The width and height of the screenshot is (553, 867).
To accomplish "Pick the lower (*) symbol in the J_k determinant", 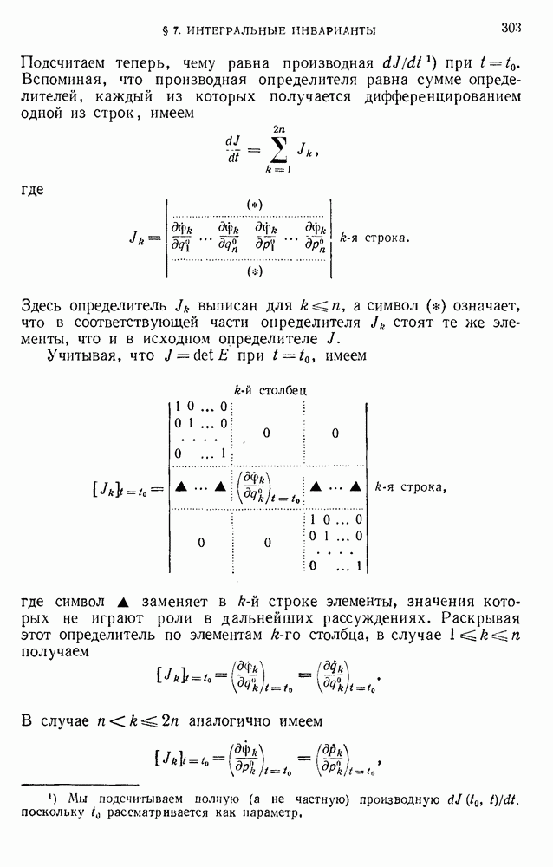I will point(255,271).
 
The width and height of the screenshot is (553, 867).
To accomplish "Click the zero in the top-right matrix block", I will point(335,433).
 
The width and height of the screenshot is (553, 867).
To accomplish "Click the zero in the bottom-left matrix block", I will point(201,543).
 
